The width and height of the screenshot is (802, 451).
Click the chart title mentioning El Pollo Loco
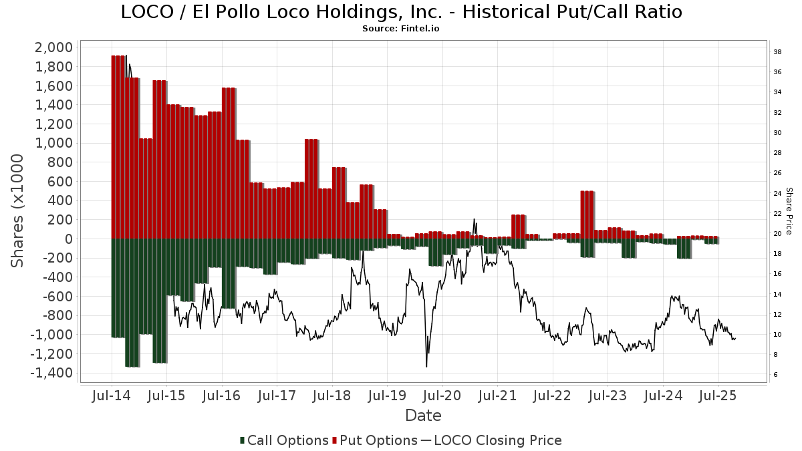pyautogui.click(x=401, y=12)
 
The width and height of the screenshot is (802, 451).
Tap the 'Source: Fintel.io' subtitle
pyautogui.click(x=401, y=29)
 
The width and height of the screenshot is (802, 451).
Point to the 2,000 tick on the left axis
pyautogui.click(x=54, y=47)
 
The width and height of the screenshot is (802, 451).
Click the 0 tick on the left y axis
pyautogui.click(x=68, y=239)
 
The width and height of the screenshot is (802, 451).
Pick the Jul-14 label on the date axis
pyautogui.click(x=111, y=396)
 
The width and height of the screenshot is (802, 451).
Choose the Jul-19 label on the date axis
pyautogui.click(x=387, y=396)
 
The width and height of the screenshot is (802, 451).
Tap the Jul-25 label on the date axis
pyautogui.click(x=718, y=396)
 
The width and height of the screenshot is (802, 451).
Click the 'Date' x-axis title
pyautogui.click(x=423, y=416)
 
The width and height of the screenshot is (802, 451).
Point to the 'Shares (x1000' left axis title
pyautogui.click(x=18, y=210)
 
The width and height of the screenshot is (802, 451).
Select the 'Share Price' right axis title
pyautogui.click(x=789, y=210)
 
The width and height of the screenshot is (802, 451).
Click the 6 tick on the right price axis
pyautogui.click(x=775, y=375)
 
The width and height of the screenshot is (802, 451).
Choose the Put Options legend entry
pyautogui.click(x=380, y=440)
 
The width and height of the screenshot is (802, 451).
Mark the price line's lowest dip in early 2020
pyautogui.click(x=426, y=365)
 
